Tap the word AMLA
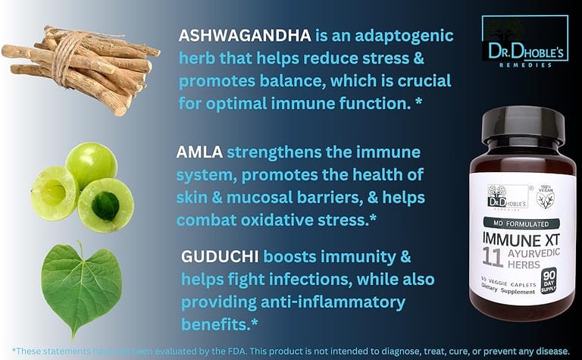tap(199, 154)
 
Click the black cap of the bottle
tap(523, 127)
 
